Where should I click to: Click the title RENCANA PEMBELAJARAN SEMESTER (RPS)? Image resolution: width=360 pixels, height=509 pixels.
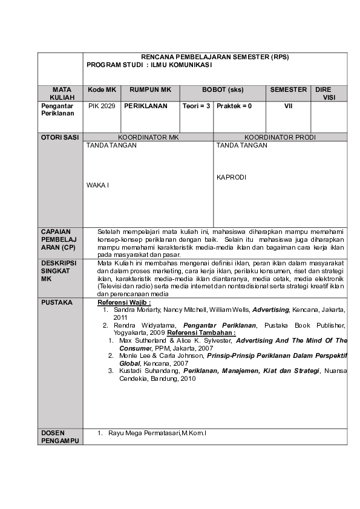click(x=215, y=57)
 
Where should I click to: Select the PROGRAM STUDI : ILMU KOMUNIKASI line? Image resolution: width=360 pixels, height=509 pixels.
click(x=149, y=65)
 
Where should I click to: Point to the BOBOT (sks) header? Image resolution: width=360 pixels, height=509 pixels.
click(x=223, y=89)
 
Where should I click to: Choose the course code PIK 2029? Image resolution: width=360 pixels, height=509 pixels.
click(x=101, y=106)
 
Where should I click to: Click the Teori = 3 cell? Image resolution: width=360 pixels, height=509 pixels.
click(x=196, y=106)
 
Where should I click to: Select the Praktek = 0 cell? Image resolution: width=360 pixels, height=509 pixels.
click(x=234, y=106)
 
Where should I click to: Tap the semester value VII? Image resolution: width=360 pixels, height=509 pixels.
click(x=288, y=106)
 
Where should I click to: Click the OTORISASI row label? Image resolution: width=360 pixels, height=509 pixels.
click(x=60, y=137)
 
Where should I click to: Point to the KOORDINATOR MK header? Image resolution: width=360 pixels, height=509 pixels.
click(x=148, y=137)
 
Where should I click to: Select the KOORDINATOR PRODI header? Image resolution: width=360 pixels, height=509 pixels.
click(x=280, y=137)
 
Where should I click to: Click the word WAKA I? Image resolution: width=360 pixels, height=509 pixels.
click(x=97, y=185)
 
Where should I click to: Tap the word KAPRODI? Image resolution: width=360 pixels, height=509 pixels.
click(x=232, y=178)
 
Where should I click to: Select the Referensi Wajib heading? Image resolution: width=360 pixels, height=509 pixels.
click(x=124, y=302)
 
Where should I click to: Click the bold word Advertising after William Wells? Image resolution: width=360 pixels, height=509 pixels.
click(x=270, y=310)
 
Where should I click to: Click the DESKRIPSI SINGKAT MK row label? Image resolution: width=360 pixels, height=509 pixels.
click(x=58, y=271)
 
